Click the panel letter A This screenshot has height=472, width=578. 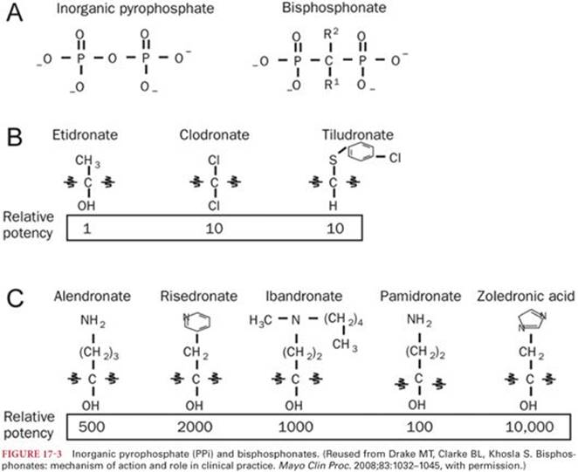(x=15, y=16)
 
